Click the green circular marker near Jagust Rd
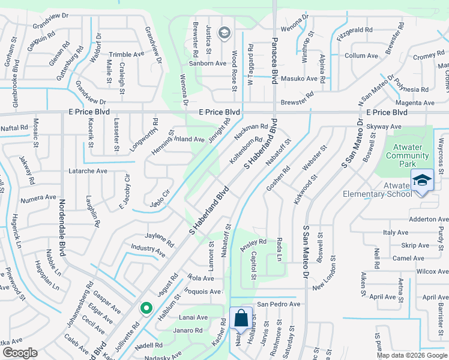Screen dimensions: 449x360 tap(146, 308)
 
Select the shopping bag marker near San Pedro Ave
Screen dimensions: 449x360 tap(241, 318)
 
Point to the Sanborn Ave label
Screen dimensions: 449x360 tap(207, 63)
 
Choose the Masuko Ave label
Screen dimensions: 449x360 tap(300, 79)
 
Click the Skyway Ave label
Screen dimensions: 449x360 tap(383, 127)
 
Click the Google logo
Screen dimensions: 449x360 tap(20, 353)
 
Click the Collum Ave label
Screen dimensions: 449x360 tap(361, 56)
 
